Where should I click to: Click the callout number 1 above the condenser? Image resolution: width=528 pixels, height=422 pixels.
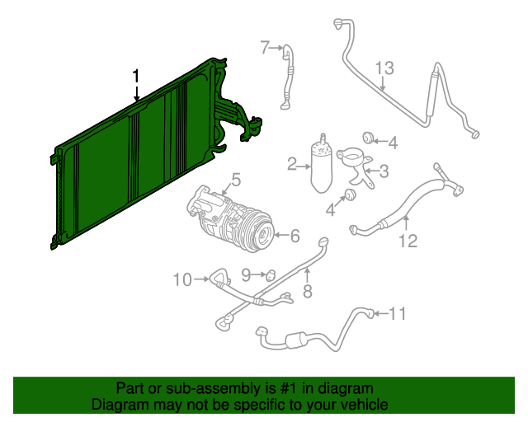pyautogui.click(x=135, y=77)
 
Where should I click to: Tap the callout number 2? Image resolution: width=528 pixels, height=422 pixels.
pyautogui.click(x=293, y=164)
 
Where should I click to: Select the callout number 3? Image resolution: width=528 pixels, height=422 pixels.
pyautogui.click(x=384, y=171)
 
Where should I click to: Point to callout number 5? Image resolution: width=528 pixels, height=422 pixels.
pyautogui.click(x=236, y=180)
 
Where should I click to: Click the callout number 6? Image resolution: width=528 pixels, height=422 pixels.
pyautogui.click(x=295, y=236)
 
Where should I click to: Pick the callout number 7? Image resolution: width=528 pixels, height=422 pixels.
pyautogui.click(x=266, y=48)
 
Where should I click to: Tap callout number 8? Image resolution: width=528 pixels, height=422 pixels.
pyautogui.click(x=308, y=291)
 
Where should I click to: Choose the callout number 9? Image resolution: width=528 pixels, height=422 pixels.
pyautogui.click(x=246, y=275)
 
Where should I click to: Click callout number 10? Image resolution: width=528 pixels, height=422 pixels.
pyautogui.click(x=182, y=279)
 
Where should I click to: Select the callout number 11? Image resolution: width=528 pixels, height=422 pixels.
pyautogui.click(x=398, y=313)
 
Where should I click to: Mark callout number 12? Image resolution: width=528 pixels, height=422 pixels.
pyautogui.click(x=408, y=241)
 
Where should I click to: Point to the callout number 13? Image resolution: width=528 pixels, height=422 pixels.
pyautogui.click(x=384, y=68)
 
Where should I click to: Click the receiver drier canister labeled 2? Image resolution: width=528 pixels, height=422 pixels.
pyautogui.click(x=322, y=163)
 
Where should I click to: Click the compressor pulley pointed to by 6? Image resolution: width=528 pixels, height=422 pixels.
pyautogui.click(x=264, y=235)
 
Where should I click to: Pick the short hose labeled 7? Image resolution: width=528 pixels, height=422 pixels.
pyautogui.click(x=288, y=76)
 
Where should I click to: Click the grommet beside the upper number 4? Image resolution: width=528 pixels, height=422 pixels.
pyautogui.click(x=367, y=138)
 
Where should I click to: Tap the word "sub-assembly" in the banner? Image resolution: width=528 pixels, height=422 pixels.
pyautogui.click(x=213, y=388)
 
